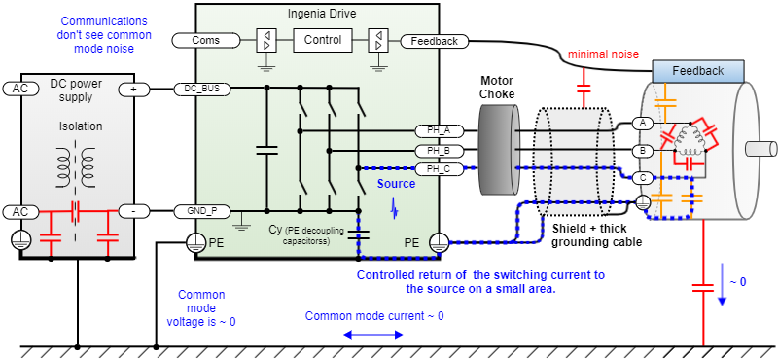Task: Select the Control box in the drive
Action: [323, 40]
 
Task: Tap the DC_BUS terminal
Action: [202, 89]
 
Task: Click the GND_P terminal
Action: [202, 211]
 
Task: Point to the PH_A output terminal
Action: [439, 131]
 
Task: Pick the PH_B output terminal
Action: [439, 150]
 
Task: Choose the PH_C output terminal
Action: [439, 169]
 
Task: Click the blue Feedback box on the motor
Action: [697, 71]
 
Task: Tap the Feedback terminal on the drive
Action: [434, 41]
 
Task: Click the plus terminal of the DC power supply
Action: [134, 90]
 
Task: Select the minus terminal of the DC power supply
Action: [134, 211]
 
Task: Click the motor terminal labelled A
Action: [643, 123]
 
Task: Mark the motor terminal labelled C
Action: [643, 177]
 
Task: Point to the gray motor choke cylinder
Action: [499, 150]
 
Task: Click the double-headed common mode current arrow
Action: [373, 335]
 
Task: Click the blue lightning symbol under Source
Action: [395, 209]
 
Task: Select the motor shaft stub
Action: [760, 149]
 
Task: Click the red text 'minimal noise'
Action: [603, 54]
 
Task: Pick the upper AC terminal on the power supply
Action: [20, 89]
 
